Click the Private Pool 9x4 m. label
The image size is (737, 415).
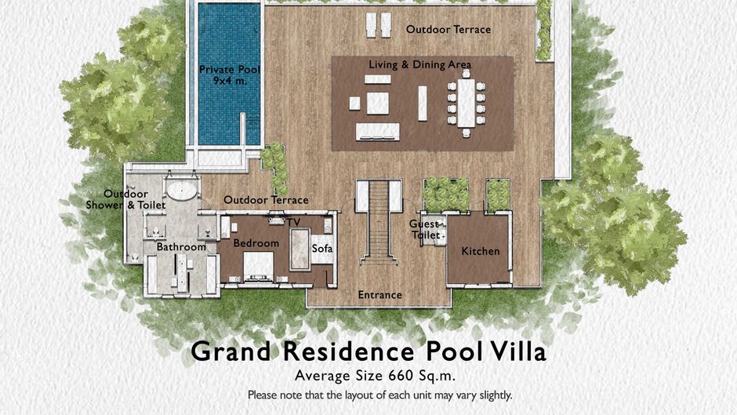pyautogui.click(x=230, y=75)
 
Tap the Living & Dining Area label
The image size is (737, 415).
pyautogui.click(x=419, y=64)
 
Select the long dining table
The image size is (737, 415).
pyautogui.click(x=467, y=102)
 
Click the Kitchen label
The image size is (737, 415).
pyautogui.click(x=481, y=251)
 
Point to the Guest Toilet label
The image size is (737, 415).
pyautogui.click(x=426, y=230)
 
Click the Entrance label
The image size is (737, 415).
pyautogui.click(x=379, y=295)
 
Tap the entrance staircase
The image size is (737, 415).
pyautogui.click(x=379, y=221)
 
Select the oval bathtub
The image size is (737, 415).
pyautogui.click(x=182, y=190)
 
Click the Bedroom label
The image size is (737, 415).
pyautogui.click(x=256, y=243)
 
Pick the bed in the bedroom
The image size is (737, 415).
pyautogui.click(x=258, y=266)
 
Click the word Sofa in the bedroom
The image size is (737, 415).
pyautogui.click(x=322, y=248)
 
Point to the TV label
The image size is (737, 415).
pyautogui.click(x=294, y=222)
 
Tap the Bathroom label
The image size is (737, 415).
pyautogui.click(x=181, y=247)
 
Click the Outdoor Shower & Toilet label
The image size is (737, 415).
pyautogui.click(x=125, y=199)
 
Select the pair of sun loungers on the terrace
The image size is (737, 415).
pyautogui.click(x=379, y=25)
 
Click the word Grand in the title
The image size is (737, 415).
pyautogui.click(x=231, y=351)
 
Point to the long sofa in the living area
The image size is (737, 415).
pyautogui.click(x=378, y=132)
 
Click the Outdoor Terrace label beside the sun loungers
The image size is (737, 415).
pyautogui.click(x=448, y=29)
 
